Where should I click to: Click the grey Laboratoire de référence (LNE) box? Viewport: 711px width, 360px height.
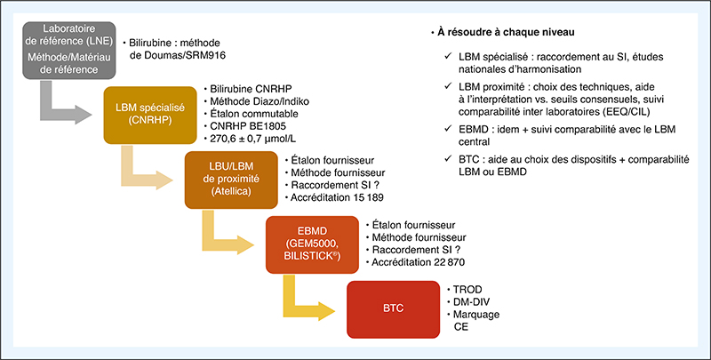click(69, 50)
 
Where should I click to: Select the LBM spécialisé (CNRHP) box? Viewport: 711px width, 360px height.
click(150, 115)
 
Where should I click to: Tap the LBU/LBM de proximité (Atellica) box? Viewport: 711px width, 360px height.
click(231, 180)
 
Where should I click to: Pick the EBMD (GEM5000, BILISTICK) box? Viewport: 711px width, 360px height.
click(312, 244)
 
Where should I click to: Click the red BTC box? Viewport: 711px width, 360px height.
click(393, 309)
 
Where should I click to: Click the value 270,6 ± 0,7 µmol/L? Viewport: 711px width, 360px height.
click(249, 138)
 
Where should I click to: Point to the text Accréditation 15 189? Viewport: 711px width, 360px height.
click(337, 197)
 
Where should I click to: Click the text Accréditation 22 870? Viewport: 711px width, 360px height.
click(418, 262)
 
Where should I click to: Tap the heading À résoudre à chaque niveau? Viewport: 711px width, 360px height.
click(506, 33)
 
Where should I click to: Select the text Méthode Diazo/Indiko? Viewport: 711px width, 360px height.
click(260, 100)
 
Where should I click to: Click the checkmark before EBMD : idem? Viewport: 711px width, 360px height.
click(449, 129)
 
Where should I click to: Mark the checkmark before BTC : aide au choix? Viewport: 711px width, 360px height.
click(449, 159)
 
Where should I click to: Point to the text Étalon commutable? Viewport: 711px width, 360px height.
click(254, 114)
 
